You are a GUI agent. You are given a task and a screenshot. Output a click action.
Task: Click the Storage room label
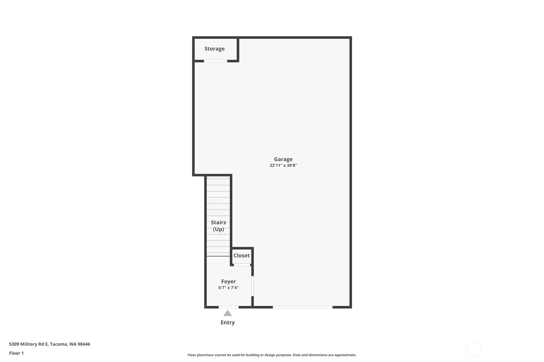tap(214, 49)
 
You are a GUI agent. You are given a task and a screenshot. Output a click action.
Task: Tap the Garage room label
tap(283, 159)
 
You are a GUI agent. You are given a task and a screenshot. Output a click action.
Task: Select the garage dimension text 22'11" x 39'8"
tap(283, 165)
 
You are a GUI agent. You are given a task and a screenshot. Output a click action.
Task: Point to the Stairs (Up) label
tap(218, 226)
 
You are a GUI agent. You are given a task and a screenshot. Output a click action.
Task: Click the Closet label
tap(242, 255)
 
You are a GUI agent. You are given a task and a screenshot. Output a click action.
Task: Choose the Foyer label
tap(228, 281)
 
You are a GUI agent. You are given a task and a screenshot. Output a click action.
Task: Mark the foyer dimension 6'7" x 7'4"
tap(228, 288)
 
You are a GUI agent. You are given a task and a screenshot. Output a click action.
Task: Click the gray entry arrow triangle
tap(228, 313)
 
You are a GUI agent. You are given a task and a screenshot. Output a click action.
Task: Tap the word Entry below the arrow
tap(228, 323)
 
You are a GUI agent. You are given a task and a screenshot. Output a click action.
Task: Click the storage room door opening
tap(215, 61)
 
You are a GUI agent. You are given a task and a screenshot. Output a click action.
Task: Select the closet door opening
tap(242, 265)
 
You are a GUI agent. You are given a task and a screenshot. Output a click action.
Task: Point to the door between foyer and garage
tap(253, 286)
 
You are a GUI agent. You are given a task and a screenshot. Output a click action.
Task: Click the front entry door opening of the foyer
tap(229, 307)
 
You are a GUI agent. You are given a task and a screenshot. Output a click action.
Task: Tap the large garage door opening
tap(303, 307)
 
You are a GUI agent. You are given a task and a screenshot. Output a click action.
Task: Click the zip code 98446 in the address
tap(84, 344)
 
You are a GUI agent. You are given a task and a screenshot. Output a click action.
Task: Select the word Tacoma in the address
tap(59, 344)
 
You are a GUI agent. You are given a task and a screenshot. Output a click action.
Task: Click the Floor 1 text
tap(17, 353)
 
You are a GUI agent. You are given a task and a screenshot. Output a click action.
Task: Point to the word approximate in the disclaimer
tap(345, 355)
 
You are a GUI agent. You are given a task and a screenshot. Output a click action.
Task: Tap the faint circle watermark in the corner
tap(474, 350)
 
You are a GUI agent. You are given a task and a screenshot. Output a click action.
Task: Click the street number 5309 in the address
tap(14, 344)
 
